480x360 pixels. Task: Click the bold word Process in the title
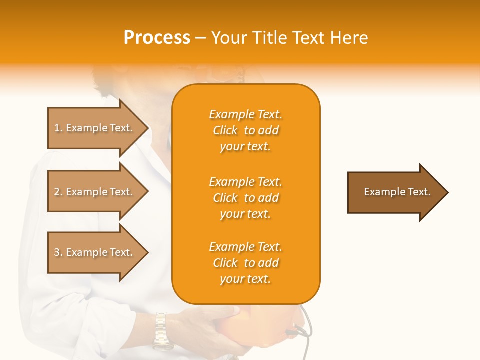point(157,38)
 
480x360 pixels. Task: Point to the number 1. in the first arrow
point(58,128)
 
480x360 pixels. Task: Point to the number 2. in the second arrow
point(58,192)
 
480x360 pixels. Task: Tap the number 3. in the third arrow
point(58,252)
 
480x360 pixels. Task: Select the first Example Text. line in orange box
point(245,114)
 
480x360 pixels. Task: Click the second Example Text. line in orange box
point(245,182)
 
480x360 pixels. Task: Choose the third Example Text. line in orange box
point(245,247)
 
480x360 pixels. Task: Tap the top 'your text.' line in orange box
point(245,146)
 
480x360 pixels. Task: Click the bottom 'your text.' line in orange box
point(245,279)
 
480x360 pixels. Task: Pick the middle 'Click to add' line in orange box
point(245,198)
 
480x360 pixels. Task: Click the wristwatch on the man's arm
point(161,330)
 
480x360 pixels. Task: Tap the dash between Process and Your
point(200,38)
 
